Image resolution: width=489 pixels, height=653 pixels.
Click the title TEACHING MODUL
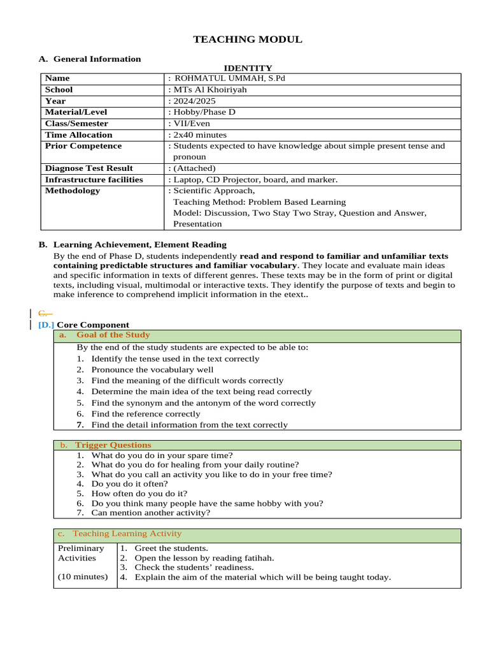(x=248, y=40)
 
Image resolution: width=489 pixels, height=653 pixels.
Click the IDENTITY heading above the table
(x=248, y=68)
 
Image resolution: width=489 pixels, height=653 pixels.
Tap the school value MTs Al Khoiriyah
(x=208, y=90)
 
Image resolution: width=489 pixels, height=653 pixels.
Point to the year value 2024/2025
(x=192, y=101)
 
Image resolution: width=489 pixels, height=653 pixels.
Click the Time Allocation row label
(x=79, y=135)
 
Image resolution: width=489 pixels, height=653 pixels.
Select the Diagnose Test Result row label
(x=89, y=168)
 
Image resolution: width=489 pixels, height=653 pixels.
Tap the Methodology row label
(x=73, y=191)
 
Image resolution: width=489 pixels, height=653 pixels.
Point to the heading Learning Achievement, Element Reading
(x=139, y=244)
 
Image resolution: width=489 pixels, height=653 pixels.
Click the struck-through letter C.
(x=43, y=313)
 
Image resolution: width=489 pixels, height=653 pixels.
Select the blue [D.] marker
(x=46, y=325)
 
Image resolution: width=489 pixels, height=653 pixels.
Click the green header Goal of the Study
(x=113, y=335)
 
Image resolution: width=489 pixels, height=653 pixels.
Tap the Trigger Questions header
(x=113, y=444)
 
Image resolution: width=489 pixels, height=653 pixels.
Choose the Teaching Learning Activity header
(x=127, y=534)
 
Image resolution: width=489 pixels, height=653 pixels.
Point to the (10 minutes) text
(x=83, y=577)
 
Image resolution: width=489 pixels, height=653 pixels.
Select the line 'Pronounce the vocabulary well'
(x=152, y=370)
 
